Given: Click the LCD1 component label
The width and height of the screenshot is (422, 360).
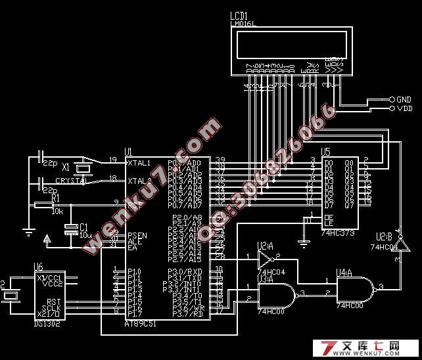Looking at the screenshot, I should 239,15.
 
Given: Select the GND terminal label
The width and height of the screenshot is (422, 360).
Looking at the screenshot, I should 404,99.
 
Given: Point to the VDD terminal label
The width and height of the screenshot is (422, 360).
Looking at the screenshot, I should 404,108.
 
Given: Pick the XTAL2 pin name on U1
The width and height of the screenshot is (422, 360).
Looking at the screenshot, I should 139,180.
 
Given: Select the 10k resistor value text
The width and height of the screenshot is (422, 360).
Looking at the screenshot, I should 57,212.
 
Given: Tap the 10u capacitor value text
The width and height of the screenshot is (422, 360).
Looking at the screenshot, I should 85,234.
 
